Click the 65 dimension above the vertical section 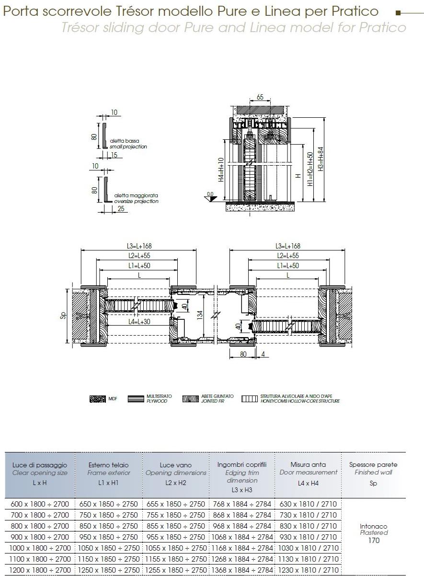260,97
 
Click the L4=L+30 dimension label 139,321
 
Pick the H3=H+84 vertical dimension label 321,159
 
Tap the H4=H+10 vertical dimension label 221,169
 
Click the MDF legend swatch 98,398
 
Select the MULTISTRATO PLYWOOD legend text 159,398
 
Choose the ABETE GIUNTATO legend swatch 190,398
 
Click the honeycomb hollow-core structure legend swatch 250,398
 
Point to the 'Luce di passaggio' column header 40,465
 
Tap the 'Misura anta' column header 308,464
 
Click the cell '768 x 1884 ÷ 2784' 242,504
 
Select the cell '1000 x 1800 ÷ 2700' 40,548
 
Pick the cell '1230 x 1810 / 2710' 308,570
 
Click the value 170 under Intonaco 374,541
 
